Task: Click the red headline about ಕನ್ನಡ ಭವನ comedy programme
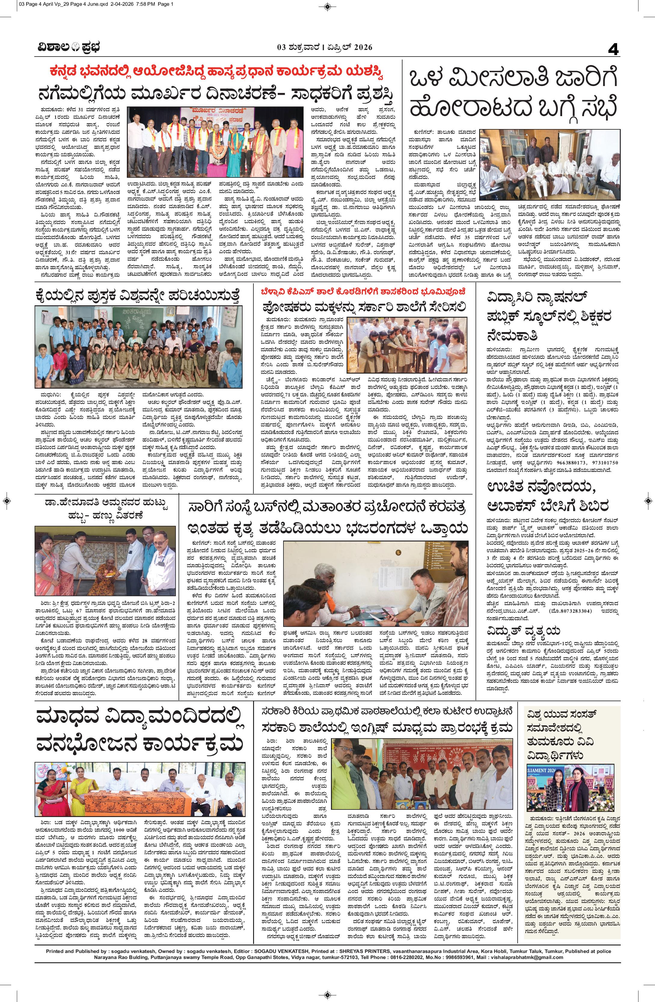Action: point(216,72)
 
